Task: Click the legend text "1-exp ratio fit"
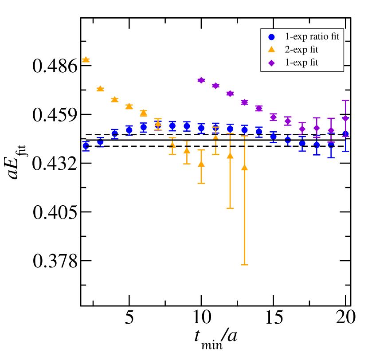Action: (312, 37)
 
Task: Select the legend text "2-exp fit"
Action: (301, 50)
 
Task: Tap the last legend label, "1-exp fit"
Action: (301, 63)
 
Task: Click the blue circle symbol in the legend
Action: (272, 37)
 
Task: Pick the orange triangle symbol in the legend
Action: (272, 50)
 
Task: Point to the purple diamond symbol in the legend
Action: (272, 63)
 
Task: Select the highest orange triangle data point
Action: (86, 59)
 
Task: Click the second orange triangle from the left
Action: (100, 89)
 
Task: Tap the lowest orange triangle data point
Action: (244, 168)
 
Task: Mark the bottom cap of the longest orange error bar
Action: (244, 265)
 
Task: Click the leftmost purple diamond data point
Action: (201, 80)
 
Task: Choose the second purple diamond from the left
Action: (215, 86)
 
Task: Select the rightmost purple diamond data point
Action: (345, 118)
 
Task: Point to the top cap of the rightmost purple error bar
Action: (345, 101)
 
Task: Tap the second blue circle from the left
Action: (100, 143)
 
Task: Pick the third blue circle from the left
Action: (114, 133)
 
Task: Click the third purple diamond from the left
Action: (230, 94)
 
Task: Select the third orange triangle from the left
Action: (114, 99)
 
